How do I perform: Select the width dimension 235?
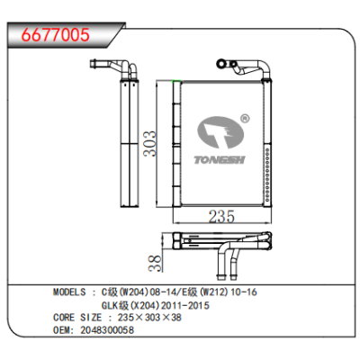coord(222,216)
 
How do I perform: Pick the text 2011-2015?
coord(184,306)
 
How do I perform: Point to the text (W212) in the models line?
coord(214,294)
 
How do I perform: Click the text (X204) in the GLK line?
coord(142,306)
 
